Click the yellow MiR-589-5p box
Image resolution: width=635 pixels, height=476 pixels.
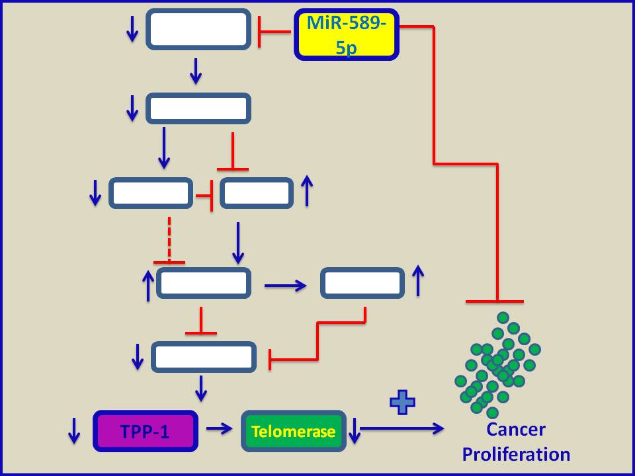click(x=347, y=34)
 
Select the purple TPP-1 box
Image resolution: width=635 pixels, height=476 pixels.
click(x=146, y=431)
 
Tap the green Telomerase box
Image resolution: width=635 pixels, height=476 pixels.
click(x=293, y=431)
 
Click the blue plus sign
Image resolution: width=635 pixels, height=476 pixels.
click(x=402, y=402)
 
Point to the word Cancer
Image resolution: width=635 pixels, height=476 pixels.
click(x=516, y=430)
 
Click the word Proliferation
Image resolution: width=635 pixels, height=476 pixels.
click(x=516, y=455)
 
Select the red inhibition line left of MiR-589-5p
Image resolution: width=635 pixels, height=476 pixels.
click(x=275, y=31)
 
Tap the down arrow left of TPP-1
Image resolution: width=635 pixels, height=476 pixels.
click(x=74, y=430)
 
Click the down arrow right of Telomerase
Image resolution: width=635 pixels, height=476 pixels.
click(x=355, y=430)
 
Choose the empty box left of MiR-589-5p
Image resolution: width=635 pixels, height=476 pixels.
click(x=198, y=29)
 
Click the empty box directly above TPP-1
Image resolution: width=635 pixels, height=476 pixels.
click(x=204, y=357)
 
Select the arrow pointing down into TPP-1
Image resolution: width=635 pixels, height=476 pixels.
click(x=201, y=389)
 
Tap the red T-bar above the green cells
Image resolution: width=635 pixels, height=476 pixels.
click(x=495, y=301)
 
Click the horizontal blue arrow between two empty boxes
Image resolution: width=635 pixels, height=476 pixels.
click(x=285, y=286)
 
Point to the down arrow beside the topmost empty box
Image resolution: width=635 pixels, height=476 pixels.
click(x=132, y=28)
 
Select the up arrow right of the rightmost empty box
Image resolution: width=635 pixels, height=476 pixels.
click(x=418, y=281)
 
